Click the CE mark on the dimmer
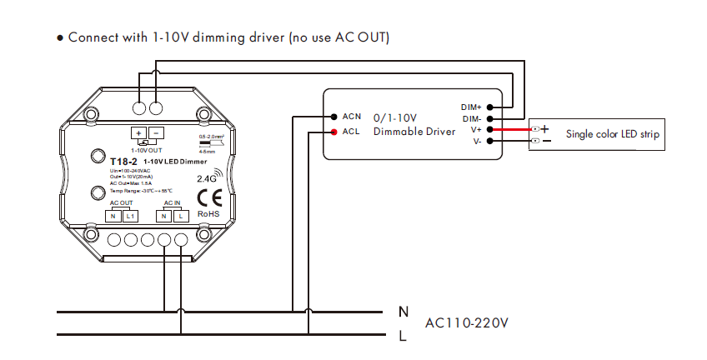pos(208,198)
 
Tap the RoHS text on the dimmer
pos(208,214)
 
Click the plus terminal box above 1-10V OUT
pos(138,132)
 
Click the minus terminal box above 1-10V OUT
pos(155,132)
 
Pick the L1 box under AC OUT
pos(130,217)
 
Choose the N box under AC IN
pos(165,217)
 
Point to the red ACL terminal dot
pos(333,132)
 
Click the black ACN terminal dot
pos(333,117)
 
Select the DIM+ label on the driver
pos(471,107)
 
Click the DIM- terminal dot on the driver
pos(492,118)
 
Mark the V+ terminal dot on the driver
pos(492,129)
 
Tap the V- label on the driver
pos(476,141)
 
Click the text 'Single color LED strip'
pos(613,133)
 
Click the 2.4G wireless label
pos(206,177)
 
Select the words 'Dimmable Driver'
pos(414,132)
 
